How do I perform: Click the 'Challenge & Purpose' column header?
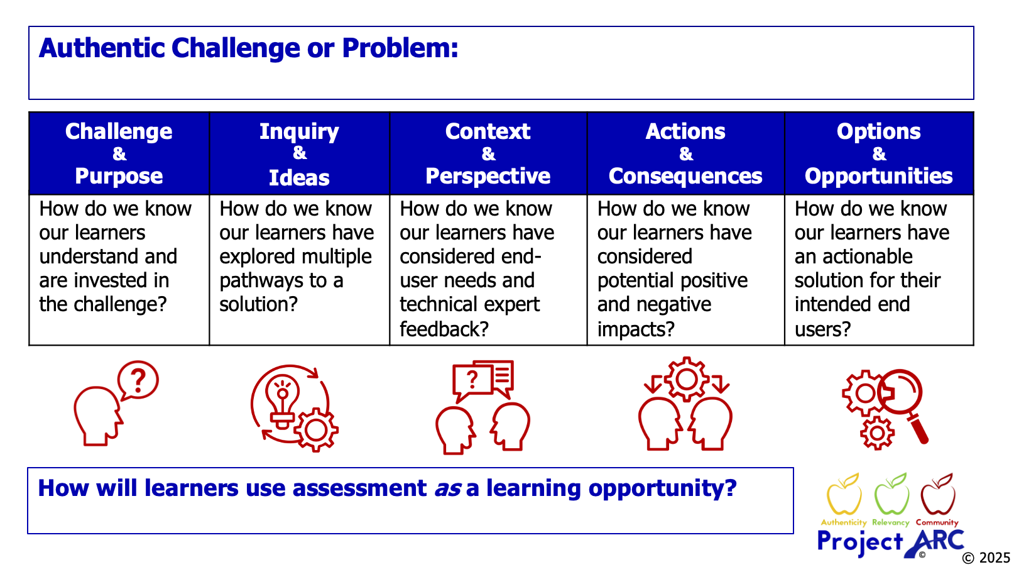pos(119,153)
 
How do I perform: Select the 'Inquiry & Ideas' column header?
pos(299,154)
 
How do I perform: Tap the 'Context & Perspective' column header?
pos(488,153)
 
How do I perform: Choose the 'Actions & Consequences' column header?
pos(685,153)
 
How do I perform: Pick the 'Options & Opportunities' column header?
pos(878,153)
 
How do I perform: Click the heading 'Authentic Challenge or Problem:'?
pos(248,48)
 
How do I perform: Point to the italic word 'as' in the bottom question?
pos(448,488)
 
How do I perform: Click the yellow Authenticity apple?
pos(844,497)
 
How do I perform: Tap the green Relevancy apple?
pos(891,497)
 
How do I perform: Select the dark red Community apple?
pos(937,497)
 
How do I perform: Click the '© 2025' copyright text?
pos(986,558)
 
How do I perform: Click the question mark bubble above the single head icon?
pos(138,380)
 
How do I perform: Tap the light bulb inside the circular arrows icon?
pos(283,399)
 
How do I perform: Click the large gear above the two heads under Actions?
pos(686,379)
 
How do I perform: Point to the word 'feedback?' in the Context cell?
pos(444,329)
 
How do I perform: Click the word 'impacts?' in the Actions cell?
pos(636,329)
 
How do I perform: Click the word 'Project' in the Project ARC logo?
pos(859,542)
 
